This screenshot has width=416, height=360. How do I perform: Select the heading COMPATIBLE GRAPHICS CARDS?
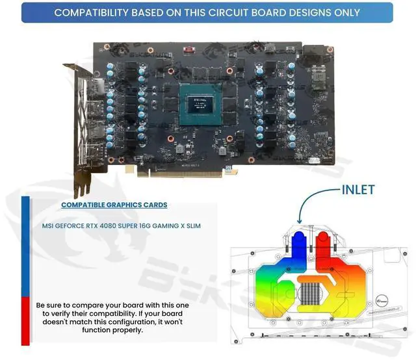(x=114, y=205)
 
